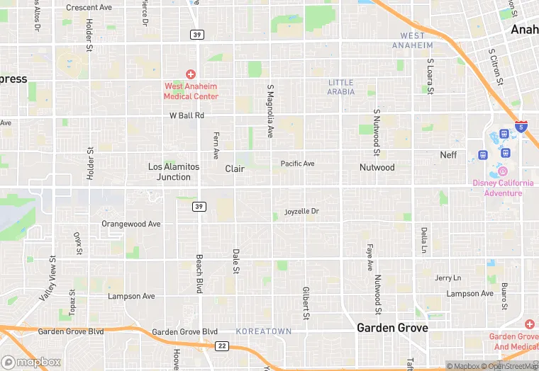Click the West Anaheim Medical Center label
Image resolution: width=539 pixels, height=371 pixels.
(191, 91)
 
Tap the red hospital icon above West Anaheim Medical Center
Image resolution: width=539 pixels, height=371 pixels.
(191, 74)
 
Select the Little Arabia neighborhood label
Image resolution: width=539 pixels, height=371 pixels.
(341, 87)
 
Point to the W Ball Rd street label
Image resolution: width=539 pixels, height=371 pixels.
(187, 115)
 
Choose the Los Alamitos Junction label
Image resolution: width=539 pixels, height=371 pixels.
(174, 172)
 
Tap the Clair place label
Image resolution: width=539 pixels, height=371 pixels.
(235, 169)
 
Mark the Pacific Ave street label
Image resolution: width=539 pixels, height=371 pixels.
(297, 164)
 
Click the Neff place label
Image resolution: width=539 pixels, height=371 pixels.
(448, 155)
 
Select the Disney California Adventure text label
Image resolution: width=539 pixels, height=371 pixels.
(503, 188)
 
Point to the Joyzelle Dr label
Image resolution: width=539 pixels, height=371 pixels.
(302, 212)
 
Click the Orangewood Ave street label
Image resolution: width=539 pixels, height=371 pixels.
(131, 224)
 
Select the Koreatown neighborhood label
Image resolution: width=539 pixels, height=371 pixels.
(264, 331)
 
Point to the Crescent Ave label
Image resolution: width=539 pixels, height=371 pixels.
(89, 8)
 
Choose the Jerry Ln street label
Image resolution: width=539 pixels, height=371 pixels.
(448, 278)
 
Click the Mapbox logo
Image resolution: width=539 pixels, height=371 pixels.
(31, 362)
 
